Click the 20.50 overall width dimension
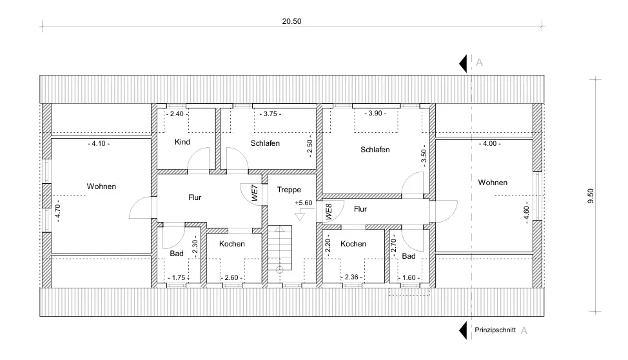(x=292, y=21)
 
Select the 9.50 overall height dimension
(x=590, y=196)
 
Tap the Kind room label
(x=182, y=142)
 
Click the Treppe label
(x=289, y=190)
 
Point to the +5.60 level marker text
(x=303, y=203)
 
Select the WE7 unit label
(x=255, y=194)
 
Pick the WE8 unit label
(x=328, y=212)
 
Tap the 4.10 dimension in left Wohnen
(x=98, y=144)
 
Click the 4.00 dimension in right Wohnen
(x=491, y=144)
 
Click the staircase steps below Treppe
(x=280, y=248)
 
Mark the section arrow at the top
(x=463, y=63)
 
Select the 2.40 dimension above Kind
(x=177, y=114)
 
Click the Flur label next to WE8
(x=360, y=209)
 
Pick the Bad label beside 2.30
(x=177, y=254)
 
